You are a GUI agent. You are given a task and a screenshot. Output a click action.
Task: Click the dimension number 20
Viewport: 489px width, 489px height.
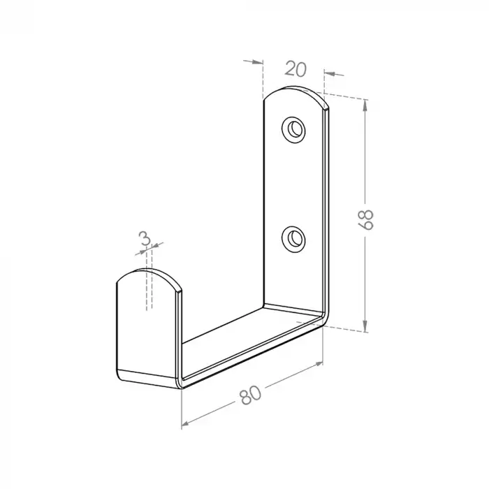click(x=296, y=69)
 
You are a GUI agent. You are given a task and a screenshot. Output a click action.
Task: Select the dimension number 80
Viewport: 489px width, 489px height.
click(x=249, y=396)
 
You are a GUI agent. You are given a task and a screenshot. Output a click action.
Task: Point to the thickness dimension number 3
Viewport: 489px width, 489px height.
click(x=145, y=240)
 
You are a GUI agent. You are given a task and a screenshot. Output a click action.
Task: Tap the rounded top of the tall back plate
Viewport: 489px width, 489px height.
click(x=295, y=94)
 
